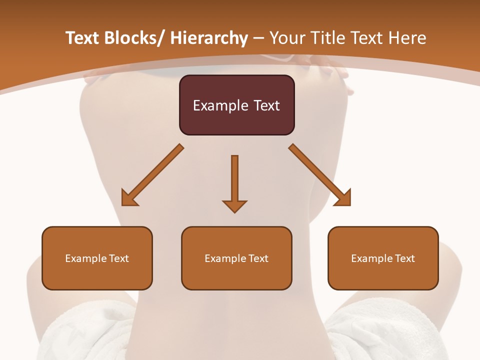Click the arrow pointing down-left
pyautogui.click(x=152, y=175)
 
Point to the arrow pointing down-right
pyautogui.click(x=320, y=175)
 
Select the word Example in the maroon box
pyautogui.click(x=220, y=106)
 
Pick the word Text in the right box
pyautogui.click(x=404, y=258)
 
